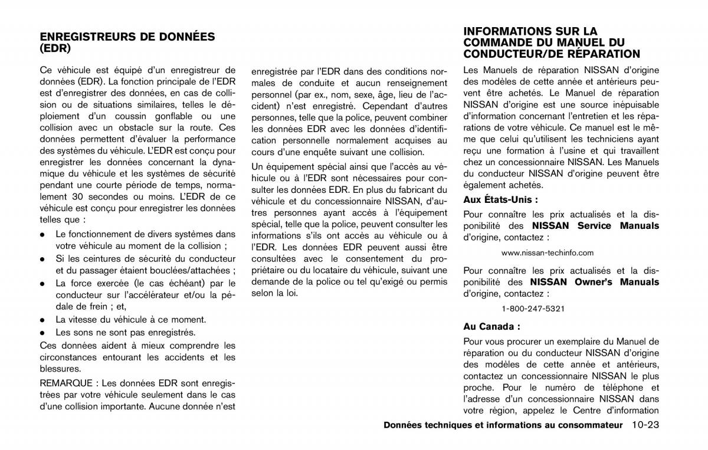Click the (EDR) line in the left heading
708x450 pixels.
[55, 48]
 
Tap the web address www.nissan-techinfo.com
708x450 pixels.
[548, 252]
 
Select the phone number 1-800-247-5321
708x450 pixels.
[533, 308]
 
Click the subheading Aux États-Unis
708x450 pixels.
[500, 199]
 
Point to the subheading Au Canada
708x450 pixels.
[491, 326]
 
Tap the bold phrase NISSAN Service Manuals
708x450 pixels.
[595, 226]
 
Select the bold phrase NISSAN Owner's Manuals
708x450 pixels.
[594, 282]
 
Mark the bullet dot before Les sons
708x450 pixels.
[43, 333]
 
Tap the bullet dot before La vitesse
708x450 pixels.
[43, 320]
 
